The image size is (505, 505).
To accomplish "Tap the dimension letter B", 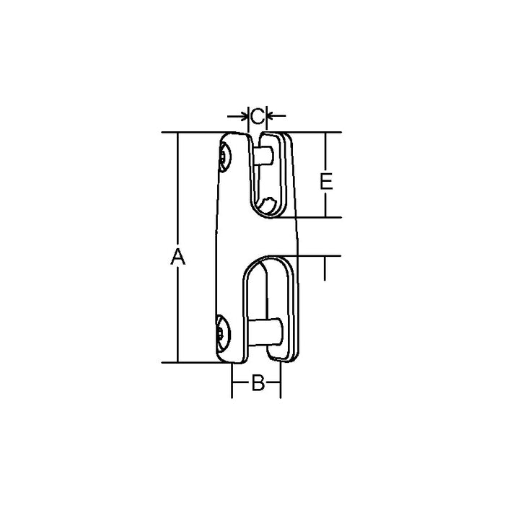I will (x=256, y=383).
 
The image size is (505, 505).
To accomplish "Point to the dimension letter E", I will (x=326, y=180).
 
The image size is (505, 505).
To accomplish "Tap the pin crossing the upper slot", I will (x=263, y=154).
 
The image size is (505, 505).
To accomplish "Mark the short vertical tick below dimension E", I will (x=326, y=271).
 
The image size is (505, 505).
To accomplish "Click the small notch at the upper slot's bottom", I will (x=268, y=206).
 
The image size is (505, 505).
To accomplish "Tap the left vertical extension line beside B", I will (x=232, y=380).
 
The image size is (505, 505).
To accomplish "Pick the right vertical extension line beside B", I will (x=281, y=380).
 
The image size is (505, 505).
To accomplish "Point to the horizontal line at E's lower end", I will (x=317, y=218).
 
